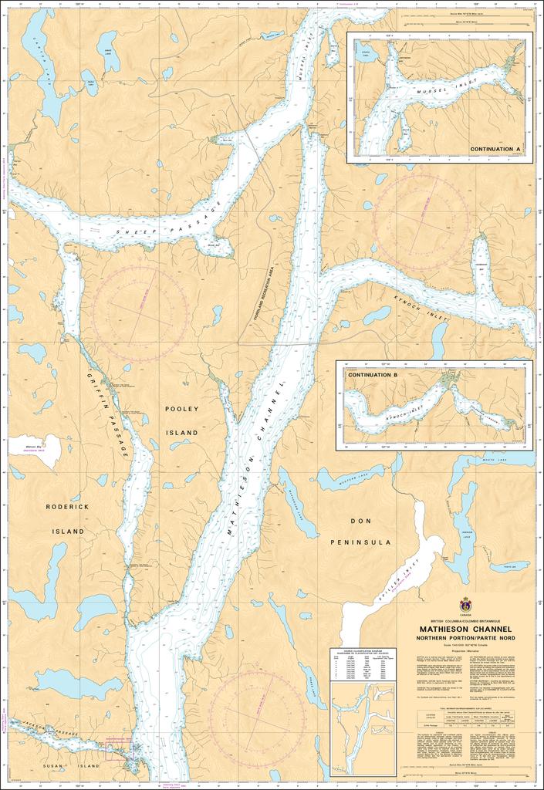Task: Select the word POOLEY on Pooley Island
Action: click(182, 409)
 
